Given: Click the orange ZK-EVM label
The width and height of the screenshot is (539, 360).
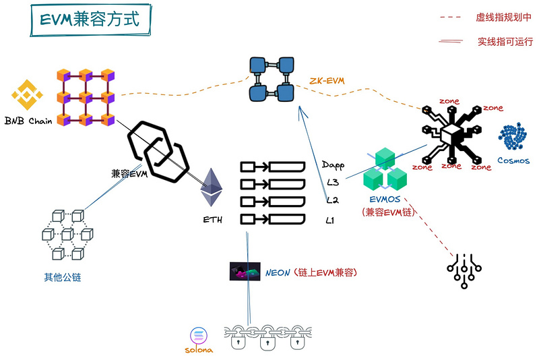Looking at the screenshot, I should tap(327, 81).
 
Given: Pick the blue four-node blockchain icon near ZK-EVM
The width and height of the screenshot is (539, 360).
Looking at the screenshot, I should tap(272, 79).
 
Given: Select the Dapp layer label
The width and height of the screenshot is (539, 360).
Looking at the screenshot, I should tap(333, 165).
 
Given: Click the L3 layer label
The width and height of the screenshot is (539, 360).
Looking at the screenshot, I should tap(332, 183).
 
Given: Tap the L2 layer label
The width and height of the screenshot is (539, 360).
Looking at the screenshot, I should tap(332, 200).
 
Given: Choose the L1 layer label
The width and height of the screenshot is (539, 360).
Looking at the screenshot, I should tap(331, 220).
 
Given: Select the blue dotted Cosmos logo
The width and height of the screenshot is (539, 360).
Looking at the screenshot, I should tap(513, 137).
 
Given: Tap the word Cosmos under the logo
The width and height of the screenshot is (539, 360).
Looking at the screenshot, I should tap(513, 161).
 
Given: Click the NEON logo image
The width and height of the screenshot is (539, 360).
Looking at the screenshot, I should tap(245, 272).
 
